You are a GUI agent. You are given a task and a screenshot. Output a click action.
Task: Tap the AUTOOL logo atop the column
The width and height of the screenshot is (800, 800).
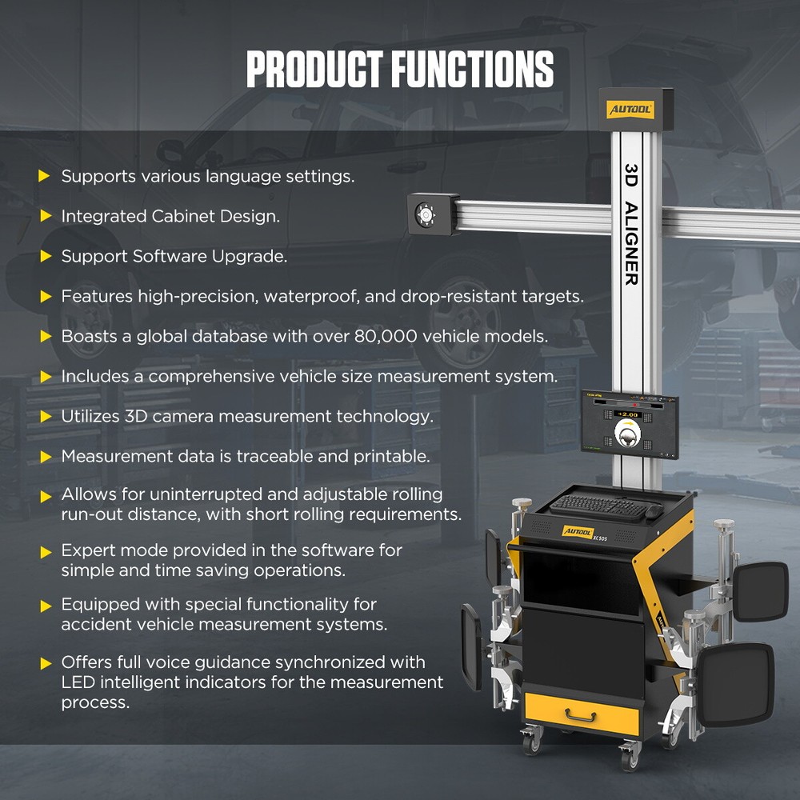[x=629, y=109]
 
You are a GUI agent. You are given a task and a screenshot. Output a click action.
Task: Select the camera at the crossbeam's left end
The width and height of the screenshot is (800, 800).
[x=423, y=214]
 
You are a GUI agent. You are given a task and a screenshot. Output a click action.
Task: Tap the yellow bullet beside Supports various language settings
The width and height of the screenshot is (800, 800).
[x=45, y=176]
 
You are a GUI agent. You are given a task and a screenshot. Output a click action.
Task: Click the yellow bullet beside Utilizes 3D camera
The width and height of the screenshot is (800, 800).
[x=45, y=416]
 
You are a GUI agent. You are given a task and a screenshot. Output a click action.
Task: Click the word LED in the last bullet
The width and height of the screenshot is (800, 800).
[x=78, y=682]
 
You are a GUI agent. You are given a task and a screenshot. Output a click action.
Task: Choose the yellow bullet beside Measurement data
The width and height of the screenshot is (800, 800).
[x=45, y=456]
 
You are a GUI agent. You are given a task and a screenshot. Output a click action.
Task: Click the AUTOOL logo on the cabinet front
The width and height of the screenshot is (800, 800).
[x=578, y=530]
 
